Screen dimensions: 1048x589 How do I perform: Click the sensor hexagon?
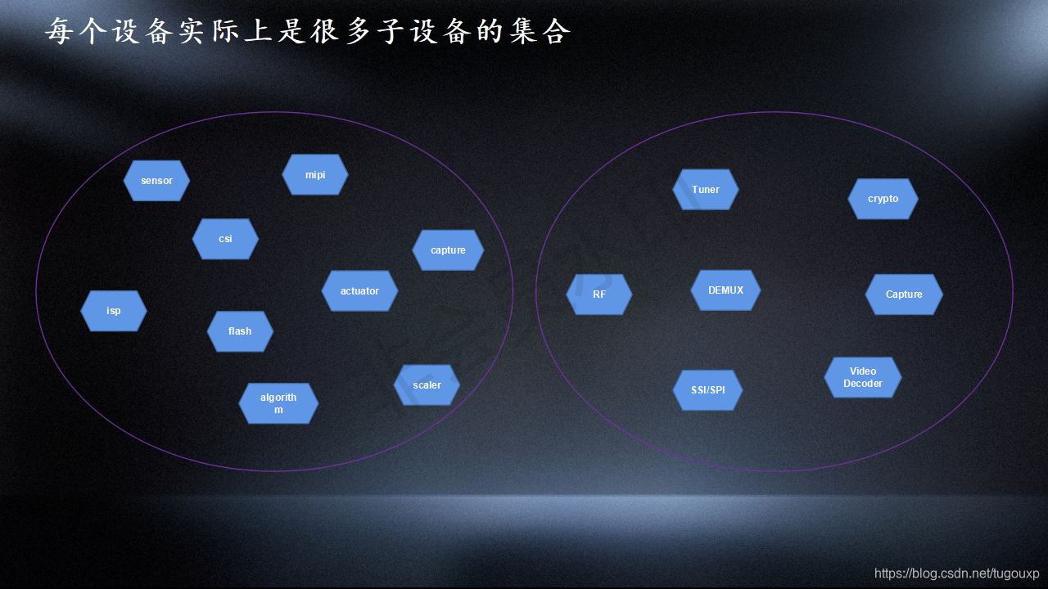pyautogui.click(x=156, y=181)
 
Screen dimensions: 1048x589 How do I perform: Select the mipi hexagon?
pyautogui.click(x=315, y=175)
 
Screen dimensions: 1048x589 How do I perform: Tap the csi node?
pyautogui.click(x=225, y=239)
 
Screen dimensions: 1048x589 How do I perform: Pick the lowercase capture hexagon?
pyautogui.click(x=448, y=250)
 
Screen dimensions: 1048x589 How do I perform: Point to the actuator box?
pyautogui.click(x=359, y=291)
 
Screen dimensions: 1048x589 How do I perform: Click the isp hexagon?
pyautogui.click(x=114, y=311)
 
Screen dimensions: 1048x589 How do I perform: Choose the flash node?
pyautogui.click(x=240, y=331)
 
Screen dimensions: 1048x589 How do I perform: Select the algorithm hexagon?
pyautogui.click(x=278, y=403)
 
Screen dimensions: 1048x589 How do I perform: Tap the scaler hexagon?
pyautogui.click(x=427, y=385)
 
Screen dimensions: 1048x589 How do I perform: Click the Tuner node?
pyautogui.click(x=706, y=190)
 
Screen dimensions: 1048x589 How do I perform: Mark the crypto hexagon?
pyautogui.click(x=883, y=199)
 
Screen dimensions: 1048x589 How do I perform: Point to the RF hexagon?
pyautogui.click(x=599, y=294)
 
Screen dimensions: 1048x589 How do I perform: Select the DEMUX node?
pyautogui.click(x=725, y=290)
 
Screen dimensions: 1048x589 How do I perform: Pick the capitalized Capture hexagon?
pyautogui.click(x=904, y=294)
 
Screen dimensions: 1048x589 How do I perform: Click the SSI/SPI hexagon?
pyautogui.click(x=707, y=390)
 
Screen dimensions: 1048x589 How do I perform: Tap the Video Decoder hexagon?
pyautogui.click(x=863, y=377)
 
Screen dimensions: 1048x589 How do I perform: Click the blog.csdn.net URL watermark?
pyautogui.click(x=956, y=573)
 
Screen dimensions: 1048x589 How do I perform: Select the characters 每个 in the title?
pyautogui.click(x=75, y=31)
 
